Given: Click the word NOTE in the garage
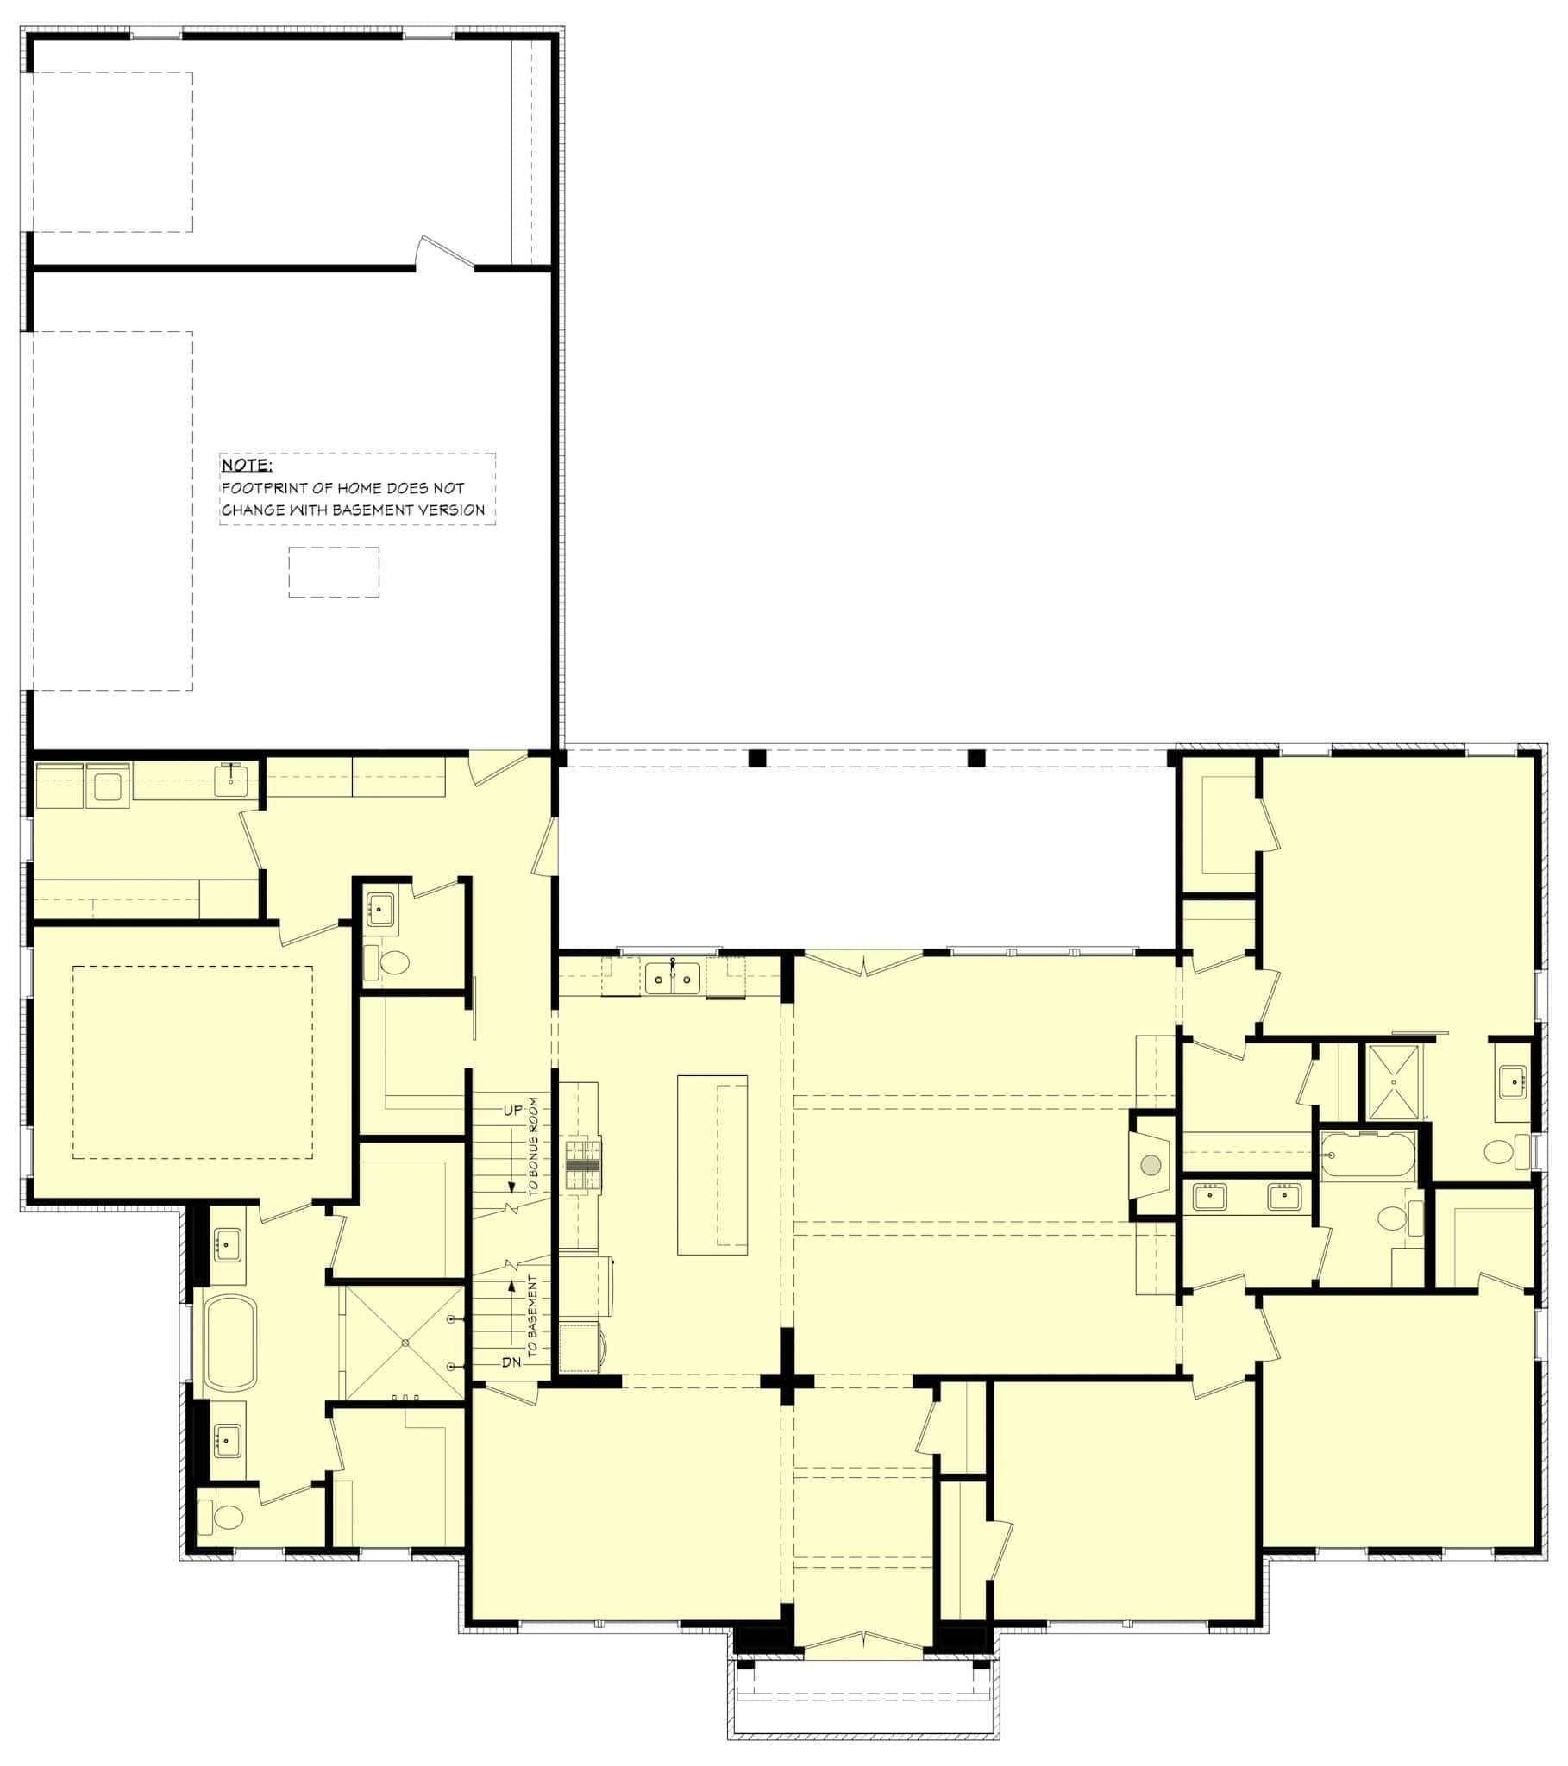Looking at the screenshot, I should coord(247,465).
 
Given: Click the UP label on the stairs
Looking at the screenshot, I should coord(512,1111).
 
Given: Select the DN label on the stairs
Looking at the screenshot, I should coord(511,1362).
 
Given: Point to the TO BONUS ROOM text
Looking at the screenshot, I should coord(533,1146).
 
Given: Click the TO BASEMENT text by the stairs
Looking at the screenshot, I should coord(532,1315).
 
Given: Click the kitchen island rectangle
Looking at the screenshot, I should coord(712,1165).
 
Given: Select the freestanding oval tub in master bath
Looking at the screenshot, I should coord(231,1342).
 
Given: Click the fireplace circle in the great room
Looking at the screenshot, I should coord(1151,1166).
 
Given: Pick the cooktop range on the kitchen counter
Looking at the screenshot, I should coord(583,1167).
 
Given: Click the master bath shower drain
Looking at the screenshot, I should coord(405,1343).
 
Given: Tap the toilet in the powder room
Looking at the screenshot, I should coord(394,961).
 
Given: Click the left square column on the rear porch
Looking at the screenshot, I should coord(757,759).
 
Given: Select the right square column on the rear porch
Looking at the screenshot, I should coord(975,759).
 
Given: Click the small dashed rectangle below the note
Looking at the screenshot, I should coord(334,572).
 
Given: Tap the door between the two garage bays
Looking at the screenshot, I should coord(445,256).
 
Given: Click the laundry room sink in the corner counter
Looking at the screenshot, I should coord(231,780).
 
